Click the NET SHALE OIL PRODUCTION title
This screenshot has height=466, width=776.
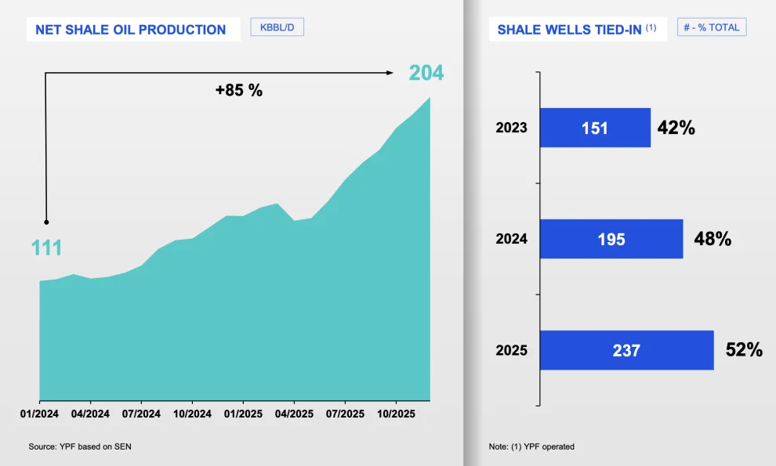[131, 30]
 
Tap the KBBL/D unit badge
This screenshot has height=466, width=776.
[277, 27]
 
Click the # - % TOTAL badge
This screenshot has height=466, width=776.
[712, 27]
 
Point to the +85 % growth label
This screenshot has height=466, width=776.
[239, 90]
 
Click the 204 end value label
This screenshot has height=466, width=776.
[426, 73]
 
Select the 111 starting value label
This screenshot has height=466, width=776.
[46, 248]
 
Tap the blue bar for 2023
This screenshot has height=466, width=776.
[595, 128]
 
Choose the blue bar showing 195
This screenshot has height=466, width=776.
[611, 239]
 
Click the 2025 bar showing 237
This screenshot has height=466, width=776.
[626, 350]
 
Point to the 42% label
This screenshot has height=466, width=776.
[676, 128]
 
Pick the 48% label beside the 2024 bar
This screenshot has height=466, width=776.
[712, 239]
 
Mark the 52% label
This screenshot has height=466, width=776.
[744, 350]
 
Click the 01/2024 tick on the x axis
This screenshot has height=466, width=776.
[40, 414]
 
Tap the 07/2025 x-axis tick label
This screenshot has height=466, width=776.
[345, 414]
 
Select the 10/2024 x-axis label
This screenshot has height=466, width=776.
[192, 414]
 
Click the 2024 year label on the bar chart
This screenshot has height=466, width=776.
[511, 239]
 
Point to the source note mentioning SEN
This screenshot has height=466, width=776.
[85, 446]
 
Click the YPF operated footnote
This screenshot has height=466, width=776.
[531, 446]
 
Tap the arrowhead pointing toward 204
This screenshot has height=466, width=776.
[390, 73]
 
